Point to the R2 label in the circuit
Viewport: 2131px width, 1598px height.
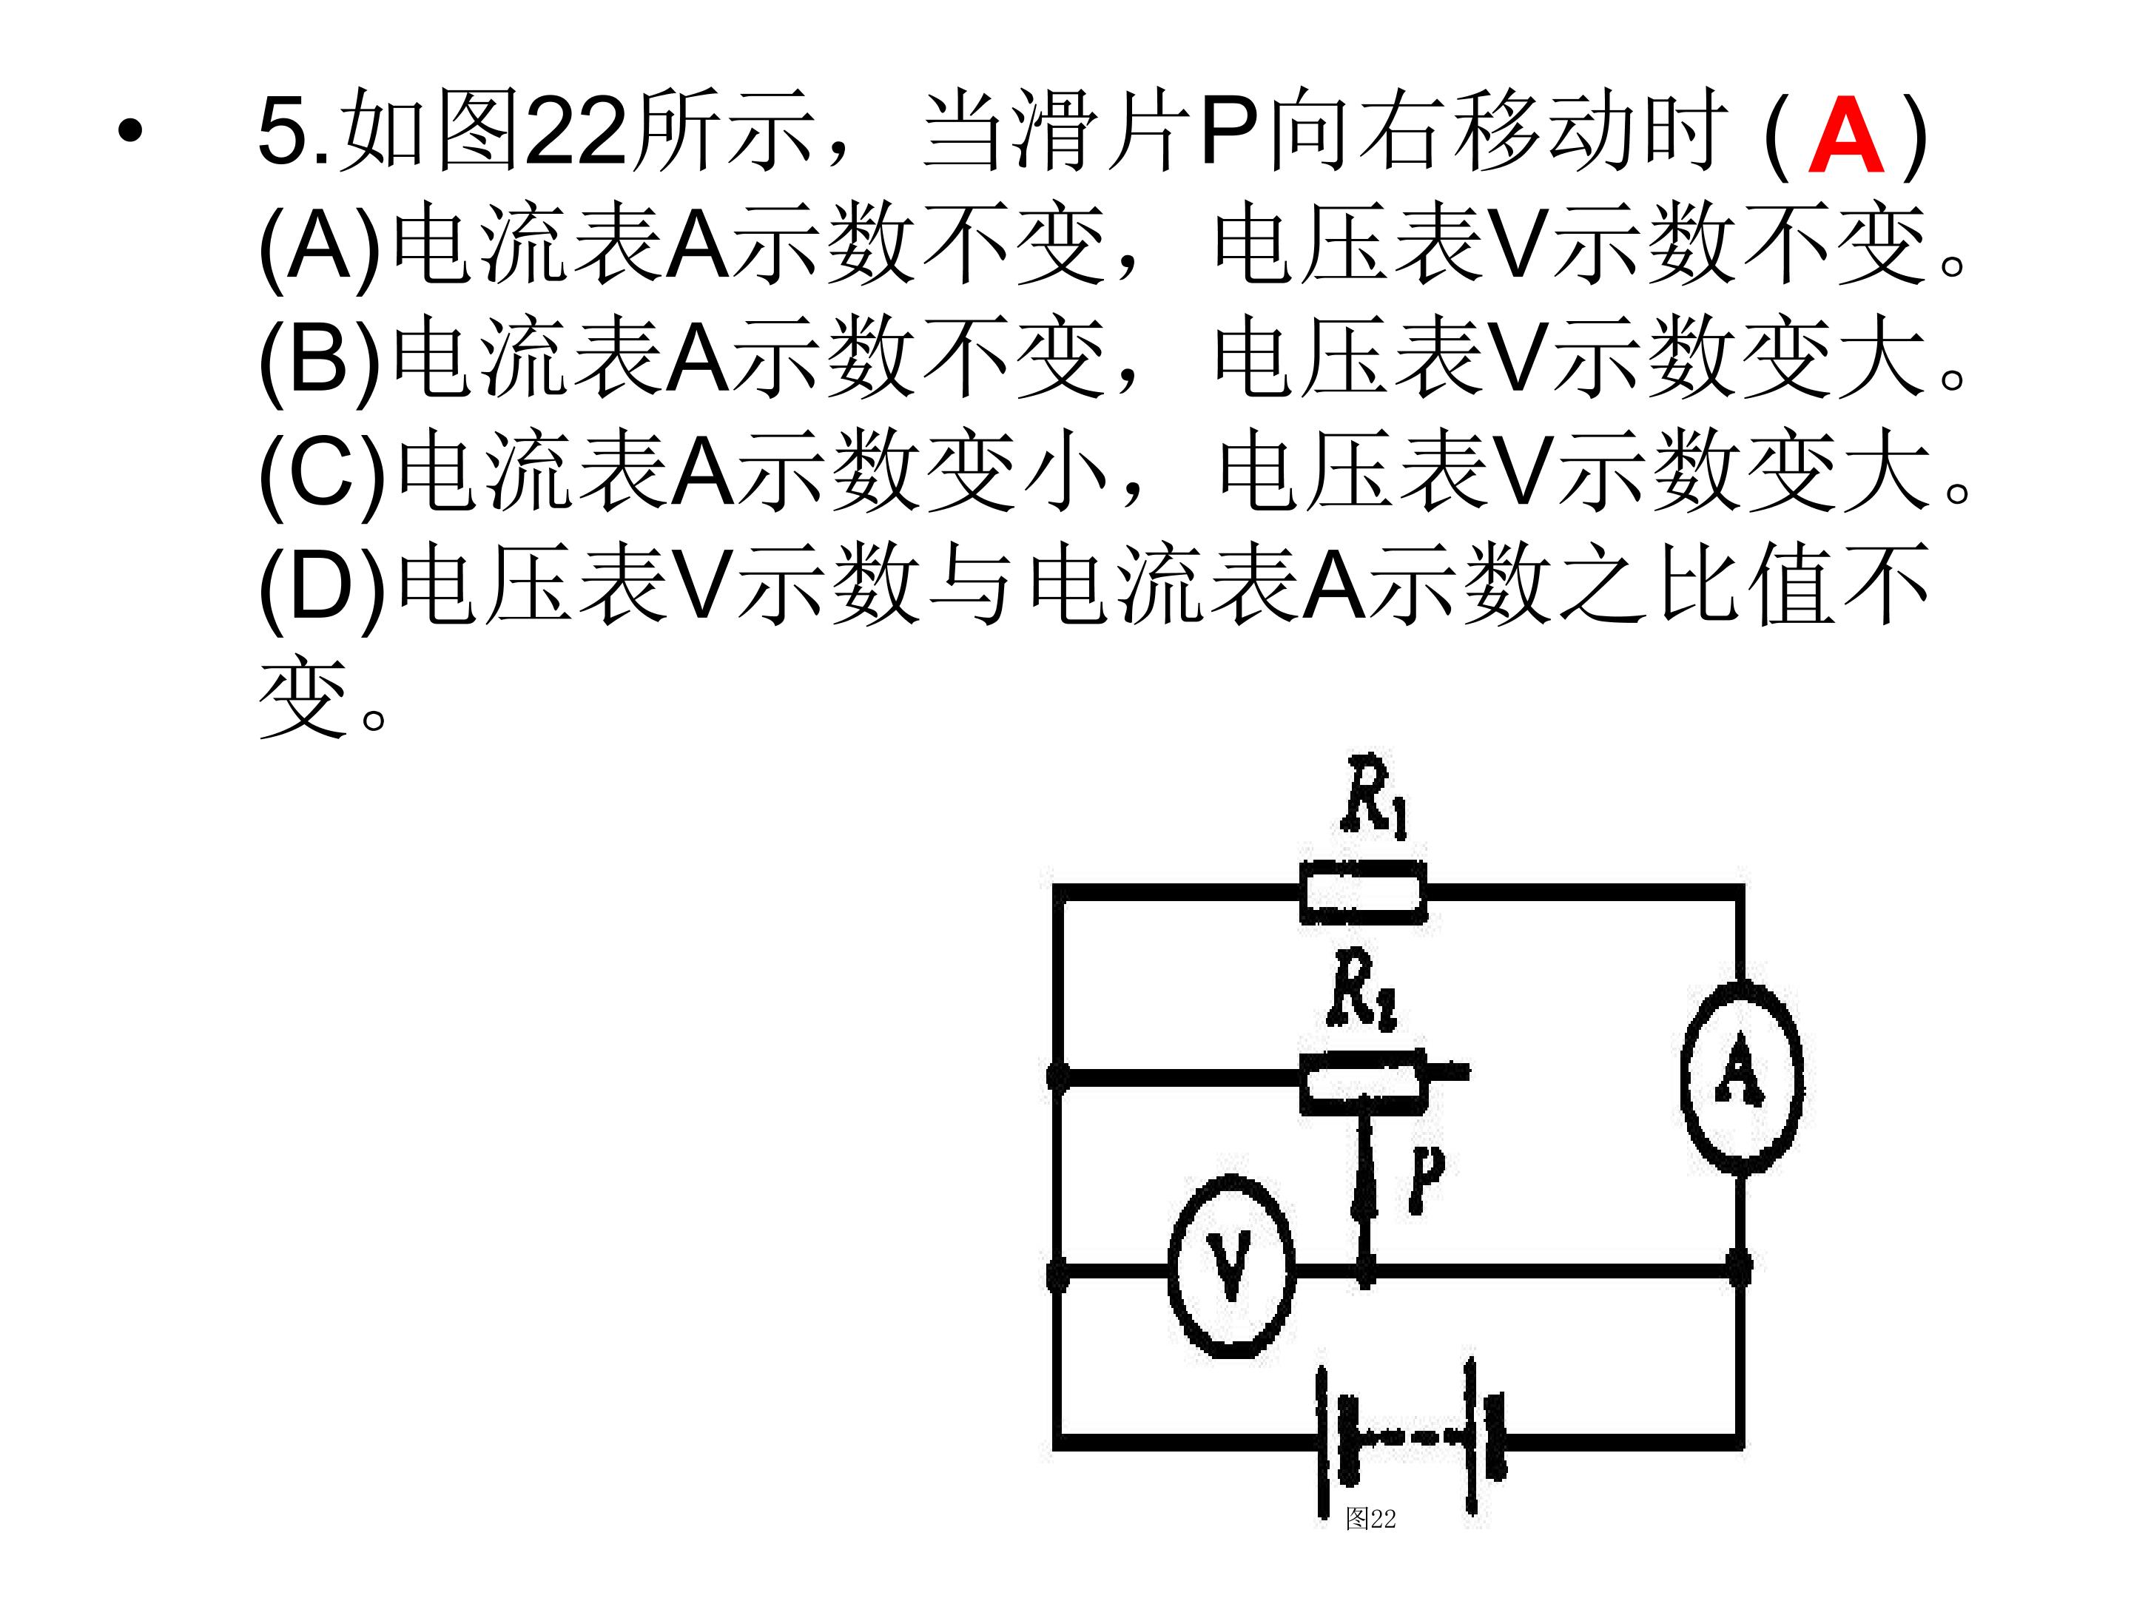[1361, 989]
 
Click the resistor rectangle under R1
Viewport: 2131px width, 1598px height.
[1363, 893]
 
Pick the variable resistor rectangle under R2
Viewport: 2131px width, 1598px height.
[1362, 1082]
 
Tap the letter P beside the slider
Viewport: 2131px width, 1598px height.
[1426, 1178]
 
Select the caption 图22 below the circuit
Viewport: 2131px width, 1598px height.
[1370, 1519]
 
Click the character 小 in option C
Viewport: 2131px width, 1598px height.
[1065, 472]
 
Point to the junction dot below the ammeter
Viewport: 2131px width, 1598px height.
[1739, 1267]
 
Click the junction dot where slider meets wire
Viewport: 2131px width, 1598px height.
[1365, 1272]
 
